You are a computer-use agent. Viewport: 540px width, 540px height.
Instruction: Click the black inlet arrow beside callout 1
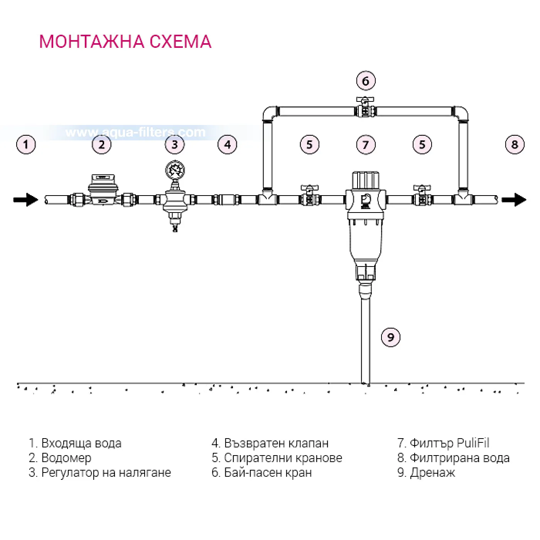coord(25,200)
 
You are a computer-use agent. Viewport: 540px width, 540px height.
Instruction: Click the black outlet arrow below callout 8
coord(514,200)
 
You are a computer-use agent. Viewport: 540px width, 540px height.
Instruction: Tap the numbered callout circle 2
coord(102,145)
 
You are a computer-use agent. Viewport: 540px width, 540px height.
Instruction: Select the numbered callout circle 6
coord(366,81)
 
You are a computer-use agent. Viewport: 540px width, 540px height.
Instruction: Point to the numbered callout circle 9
coord(391,337)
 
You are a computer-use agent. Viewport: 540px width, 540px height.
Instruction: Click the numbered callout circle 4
coord(228,145)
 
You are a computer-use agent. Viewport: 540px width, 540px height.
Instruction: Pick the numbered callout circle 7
coord(366,145)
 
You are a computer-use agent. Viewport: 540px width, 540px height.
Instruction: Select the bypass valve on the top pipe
coord(365,107)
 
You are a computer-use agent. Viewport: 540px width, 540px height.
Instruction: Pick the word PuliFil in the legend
coord(473,443)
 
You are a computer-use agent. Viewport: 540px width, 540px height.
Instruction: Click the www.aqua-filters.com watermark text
coord(135,132)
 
